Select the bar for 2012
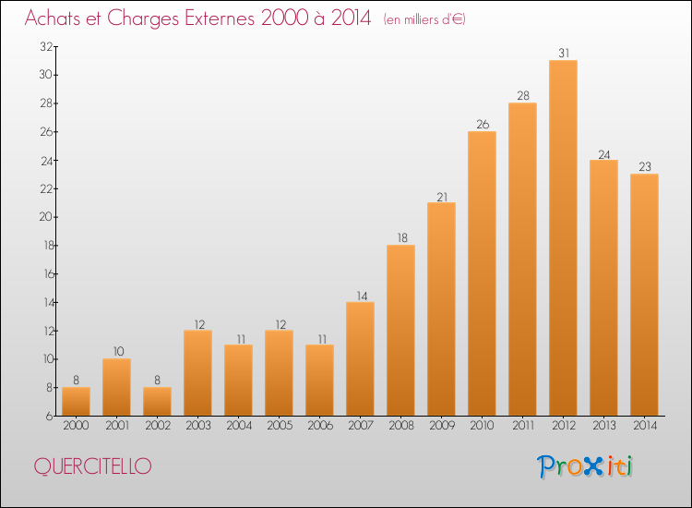coord(563,237)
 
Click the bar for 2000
coord(76,402)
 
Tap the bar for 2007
coord(360,358)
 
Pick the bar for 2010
coord(482,273)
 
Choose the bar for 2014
coord(644,295)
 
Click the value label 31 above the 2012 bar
coord(564,53)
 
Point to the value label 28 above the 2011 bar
coord(523,95)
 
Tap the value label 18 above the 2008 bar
coord(402,237)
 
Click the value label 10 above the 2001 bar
coord(118,351)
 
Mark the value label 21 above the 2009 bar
coord(442,197)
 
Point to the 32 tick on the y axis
coord(46,46)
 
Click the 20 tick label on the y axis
coord(46,217)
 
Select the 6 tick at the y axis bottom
coord(50,416)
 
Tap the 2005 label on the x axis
coord(280,425)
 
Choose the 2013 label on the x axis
coord(603,425)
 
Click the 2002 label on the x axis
coord(158,425)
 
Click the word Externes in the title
coord(220,18)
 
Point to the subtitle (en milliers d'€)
coord(424,19)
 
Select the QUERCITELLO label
coord(92,466)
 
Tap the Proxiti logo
coord(585,466)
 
